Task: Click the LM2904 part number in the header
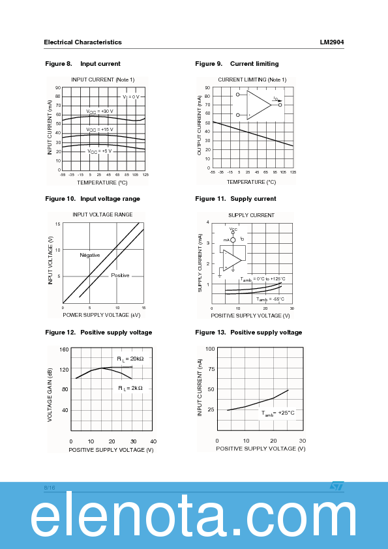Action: click(x=331, y=42)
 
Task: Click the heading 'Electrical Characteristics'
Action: click(x=83, y=42)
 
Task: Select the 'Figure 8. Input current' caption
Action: click(x=83, y=64)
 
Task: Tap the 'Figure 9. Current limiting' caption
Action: click(x=237, y=64)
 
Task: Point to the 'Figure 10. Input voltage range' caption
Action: click(x=93, y=199)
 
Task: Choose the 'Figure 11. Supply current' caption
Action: click(x=235, y=199)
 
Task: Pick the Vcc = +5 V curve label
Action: click(x=100, y=151)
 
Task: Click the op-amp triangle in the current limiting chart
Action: click(x=258, y=105)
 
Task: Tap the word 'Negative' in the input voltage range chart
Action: click(x=90, y=255)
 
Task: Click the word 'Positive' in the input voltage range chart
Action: click(x=120, y=276)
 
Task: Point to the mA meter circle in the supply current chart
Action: click(x=233, y=240)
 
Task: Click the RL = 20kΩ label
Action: click(x=130, y=359)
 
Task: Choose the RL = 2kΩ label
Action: click(x=130, y=388)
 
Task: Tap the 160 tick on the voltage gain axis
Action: click(x=64, y=349)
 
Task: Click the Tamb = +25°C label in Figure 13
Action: click(x=278, y=413)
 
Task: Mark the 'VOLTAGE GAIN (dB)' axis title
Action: click(x=50, y=394)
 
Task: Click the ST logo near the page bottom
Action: click(x=336, y=486)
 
